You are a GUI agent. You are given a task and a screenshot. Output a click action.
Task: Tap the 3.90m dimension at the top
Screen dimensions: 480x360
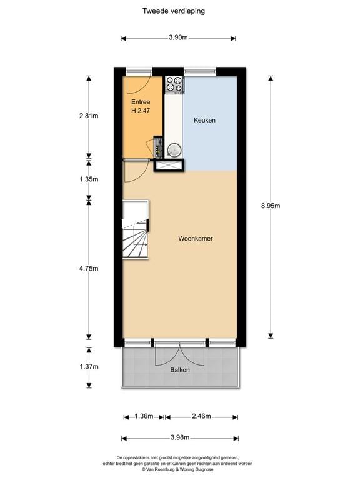click(x=178, y=37)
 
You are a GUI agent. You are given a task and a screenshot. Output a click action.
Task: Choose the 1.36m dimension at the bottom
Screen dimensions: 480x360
click(x=143, y=416)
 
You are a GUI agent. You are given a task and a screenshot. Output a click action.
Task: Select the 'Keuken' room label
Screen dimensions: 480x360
click(x=204, y=120)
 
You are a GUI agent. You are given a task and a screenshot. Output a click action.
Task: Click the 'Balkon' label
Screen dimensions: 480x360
click(x=180, y=370)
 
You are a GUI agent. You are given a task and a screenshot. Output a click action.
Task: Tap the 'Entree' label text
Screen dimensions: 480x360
click(x=141, y=101)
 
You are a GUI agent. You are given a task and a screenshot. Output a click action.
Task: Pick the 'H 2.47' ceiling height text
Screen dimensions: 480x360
click(x=141, y=111)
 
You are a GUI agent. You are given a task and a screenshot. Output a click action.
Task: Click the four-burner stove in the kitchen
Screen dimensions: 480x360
click(x=174, y=84)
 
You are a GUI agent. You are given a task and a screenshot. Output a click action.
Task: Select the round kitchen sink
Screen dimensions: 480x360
click(x=174, y=149)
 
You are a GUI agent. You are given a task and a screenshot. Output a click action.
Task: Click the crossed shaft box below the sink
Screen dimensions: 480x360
click(x=169, y=165)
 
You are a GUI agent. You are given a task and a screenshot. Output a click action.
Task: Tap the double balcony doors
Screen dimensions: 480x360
click(x=180, y=354)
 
